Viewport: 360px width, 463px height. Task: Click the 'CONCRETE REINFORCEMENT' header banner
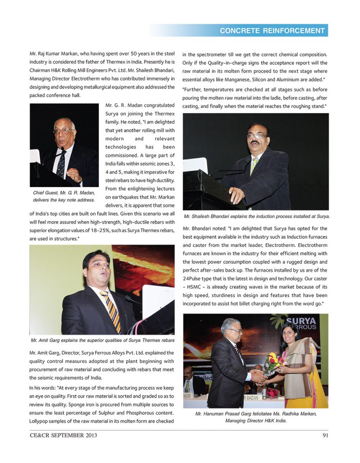[x=272, y=31]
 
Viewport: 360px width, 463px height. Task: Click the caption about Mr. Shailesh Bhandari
[x=257, y=216]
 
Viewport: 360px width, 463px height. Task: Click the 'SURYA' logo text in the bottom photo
[x=301, y=321]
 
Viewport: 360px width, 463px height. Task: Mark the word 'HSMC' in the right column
[x=197, y=287]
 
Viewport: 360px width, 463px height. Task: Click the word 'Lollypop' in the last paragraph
[x=40, y=421]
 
